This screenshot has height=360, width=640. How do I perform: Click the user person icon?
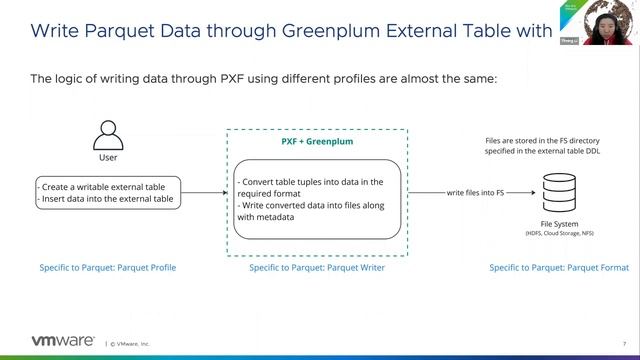click(107, 134)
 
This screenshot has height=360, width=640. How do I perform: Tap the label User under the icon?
click(107, 158)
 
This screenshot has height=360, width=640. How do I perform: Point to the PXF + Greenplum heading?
click(316, 142)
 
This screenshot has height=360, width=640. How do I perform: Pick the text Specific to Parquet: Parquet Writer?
click(316, 268)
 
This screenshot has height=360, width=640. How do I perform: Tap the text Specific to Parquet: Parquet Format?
click(559, 268)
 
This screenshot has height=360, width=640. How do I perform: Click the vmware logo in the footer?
click(64, 341)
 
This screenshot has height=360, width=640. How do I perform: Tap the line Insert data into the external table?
click(105, 199)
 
